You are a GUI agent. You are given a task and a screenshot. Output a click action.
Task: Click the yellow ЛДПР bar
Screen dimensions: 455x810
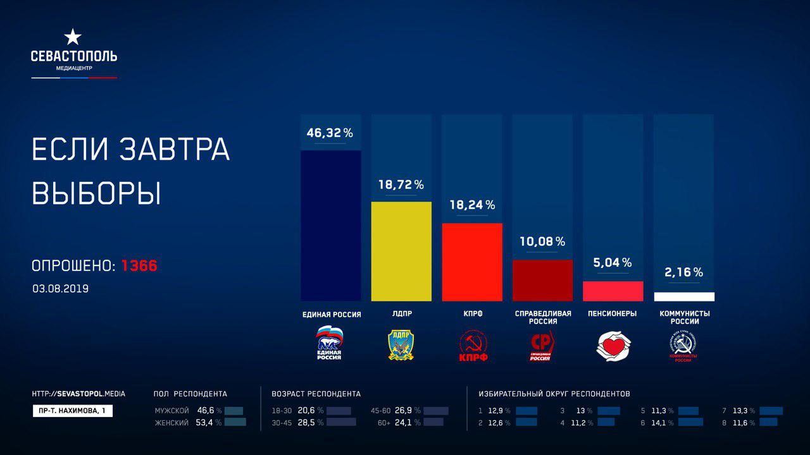click(401, 251)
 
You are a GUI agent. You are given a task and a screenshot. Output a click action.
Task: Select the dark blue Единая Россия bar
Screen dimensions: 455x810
click(330, 225)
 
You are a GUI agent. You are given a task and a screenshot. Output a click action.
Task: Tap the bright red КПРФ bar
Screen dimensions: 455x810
click(471, 262)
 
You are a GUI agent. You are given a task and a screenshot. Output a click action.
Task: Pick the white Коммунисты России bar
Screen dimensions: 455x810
click(683, 296)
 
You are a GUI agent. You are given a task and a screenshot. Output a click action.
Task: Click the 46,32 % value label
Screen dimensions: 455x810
click(330, 133)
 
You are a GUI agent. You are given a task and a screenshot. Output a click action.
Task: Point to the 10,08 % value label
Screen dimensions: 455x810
click(542, 241)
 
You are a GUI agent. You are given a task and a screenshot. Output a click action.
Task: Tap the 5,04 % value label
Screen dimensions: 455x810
click(613, 262)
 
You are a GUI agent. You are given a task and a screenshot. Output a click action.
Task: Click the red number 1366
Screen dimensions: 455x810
click(139, 267)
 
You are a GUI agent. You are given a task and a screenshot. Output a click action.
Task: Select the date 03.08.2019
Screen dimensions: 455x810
click(61, 289)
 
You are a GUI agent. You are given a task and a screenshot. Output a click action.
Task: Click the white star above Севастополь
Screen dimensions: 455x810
click(73, 37)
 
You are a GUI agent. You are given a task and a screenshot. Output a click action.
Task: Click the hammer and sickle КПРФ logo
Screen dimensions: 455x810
click(473, 346)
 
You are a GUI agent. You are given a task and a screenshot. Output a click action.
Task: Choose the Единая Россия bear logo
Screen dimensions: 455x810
click(329, 343)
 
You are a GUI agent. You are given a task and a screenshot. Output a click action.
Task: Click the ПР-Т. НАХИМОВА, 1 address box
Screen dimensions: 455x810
click(72, 411)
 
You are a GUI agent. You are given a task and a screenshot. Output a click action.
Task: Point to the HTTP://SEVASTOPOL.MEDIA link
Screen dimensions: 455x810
click(78, 394)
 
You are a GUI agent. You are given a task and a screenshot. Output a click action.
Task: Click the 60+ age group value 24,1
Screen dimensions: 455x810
click(404, 423)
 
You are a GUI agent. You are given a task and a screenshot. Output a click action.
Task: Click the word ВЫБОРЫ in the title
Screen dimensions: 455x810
click(96, 193)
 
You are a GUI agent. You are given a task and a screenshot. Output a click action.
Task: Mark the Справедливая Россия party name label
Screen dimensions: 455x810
click(543, 317)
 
